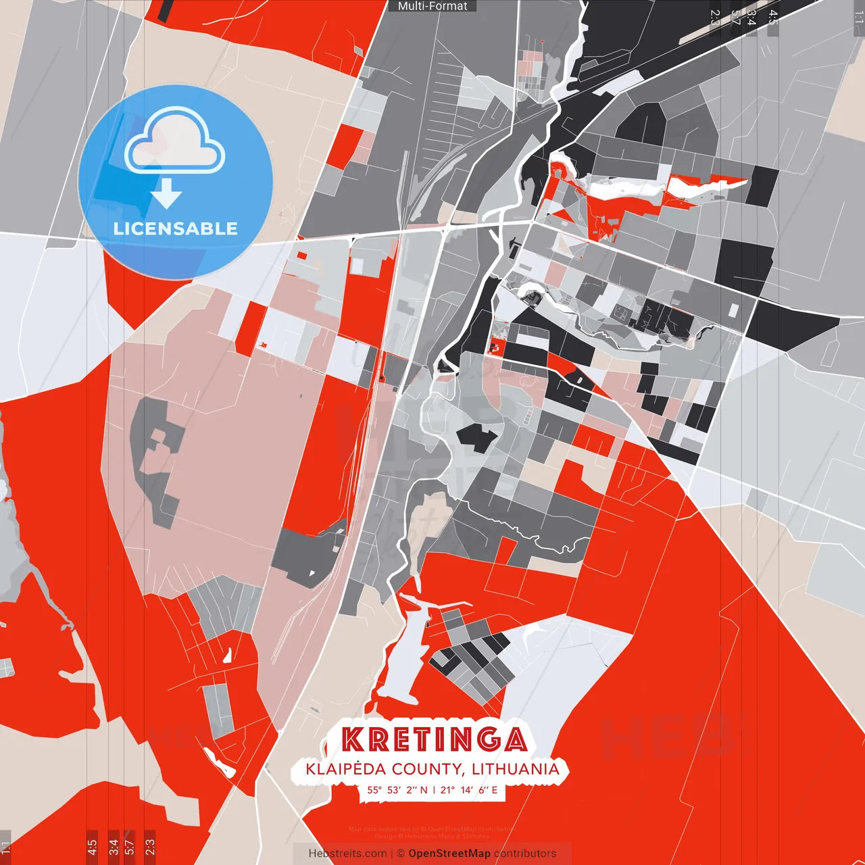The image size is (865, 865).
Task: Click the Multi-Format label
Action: (x=432, y=6)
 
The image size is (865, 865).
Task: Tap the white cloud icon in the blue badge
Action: (x=175, y=141)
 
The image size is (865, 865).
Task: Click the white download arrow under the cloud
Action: (x=166, y=194)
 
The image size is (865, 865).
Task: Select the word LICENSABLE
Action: (x=176, y=228)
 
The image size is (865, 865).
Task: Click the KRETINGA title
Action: (x=433, y=739)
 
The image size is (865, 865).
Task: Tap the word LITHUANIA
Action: (x=516, y=769)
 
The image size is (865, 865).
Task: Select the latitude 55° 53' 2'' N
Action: (x=397, y=789)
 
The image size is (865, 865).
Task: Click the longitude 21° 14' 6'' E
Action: (x=469, y=789)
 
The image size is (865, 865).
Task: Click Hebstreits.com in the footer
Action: (x=347, y=854)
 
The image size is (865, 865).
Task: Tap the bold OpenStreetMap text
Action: (x=449, y=854)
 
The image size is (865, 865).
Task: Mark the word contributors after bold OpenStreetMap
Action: (x=525, y=854)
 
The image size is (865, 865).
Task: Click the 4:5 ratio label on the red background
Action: (x=92, y=847)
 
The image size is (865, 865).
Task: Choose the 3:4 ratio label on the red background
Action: (x=114, y=847)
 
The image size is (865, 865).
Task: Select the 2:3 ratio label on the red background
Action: (x=150, y=847)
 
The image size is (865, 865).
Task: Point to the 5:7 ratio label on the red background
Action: (x=130, y=847)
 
